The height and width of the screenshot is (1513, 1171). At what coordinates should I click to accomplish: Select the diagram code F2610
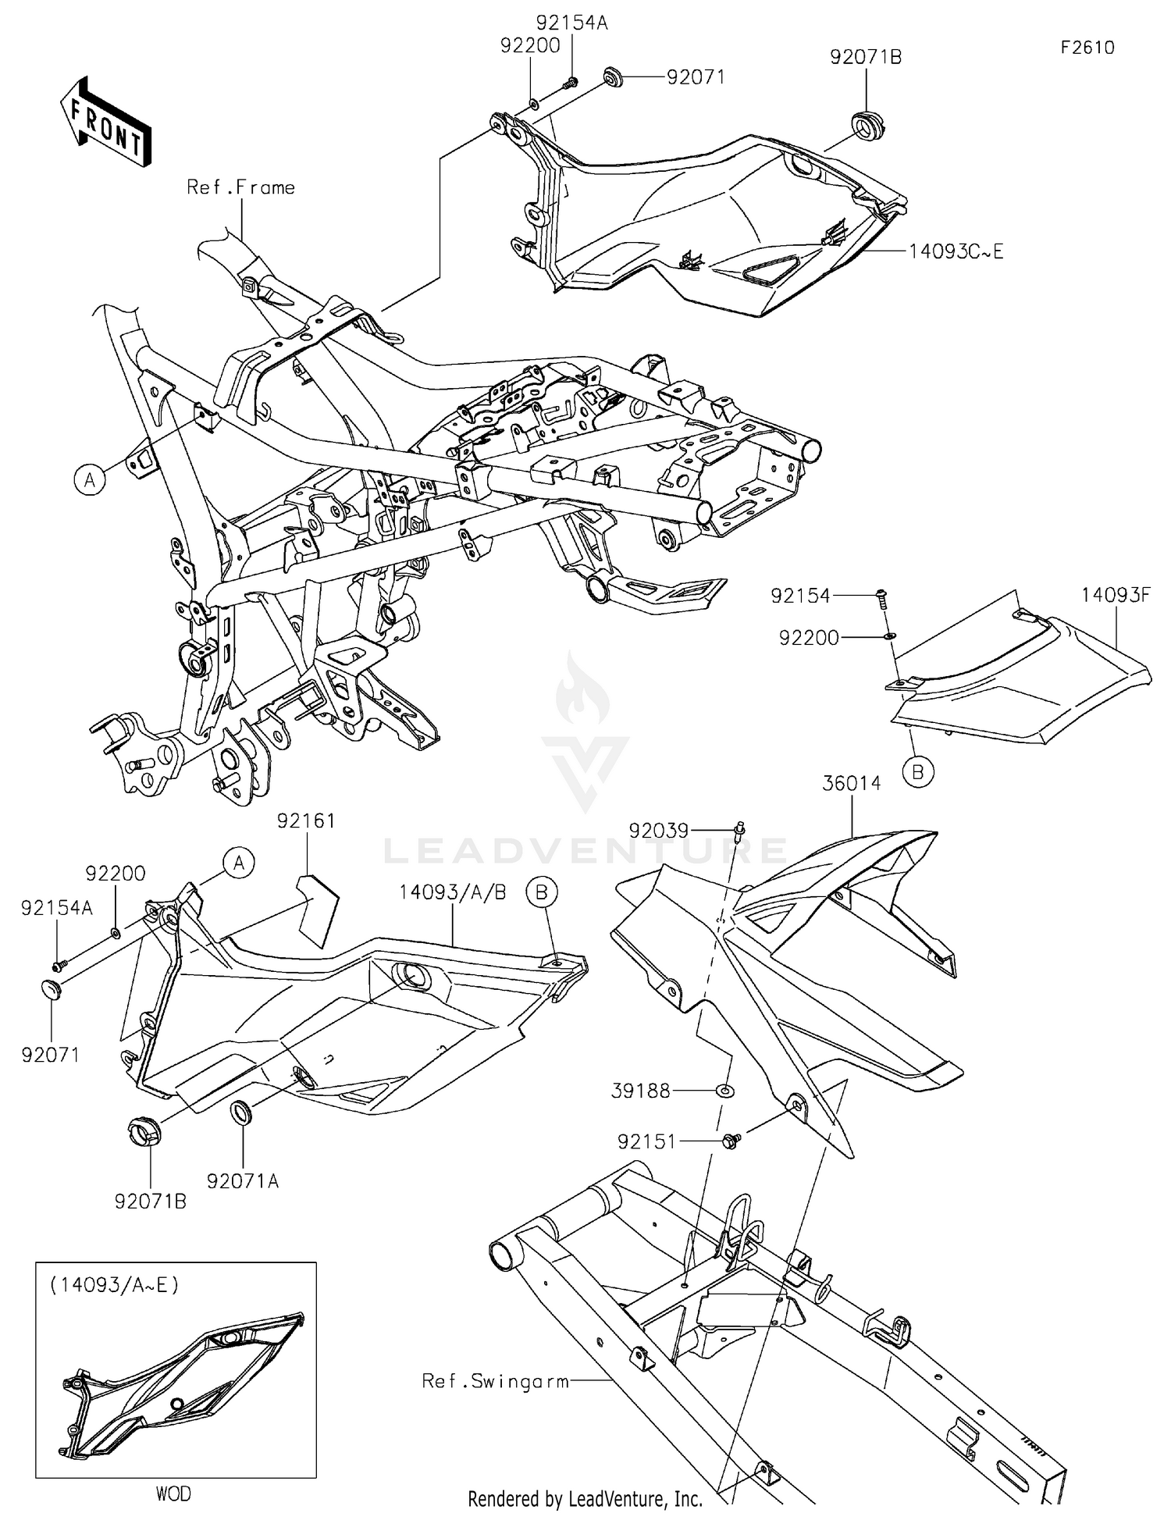point(1087,48)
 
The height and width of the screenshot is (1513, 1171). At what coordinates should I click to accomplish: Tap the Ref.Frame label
point(240,187)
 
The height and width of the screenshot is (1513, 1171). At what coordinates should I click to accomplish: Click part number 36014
point(851,783)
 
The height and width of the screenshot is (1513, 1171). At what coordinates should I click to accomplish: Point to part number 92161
point(306,821)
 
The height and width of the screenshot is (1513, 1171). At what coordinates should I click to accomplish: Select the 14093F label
point(1116,595)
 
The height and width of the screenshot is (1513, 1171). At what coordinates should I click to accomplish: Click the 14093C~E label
point(956,251)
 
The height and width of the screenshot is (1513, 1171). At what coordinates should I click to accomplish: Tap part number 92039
point(658,831)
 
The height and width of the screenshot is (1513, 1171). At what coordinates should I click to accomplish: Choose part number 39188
point(640,1091)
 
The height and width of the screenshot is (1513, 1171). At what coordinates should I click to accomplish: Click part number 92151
point(646,1141)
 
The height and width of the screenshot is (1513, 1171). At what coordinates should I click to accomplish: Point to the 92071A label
point(243,1181)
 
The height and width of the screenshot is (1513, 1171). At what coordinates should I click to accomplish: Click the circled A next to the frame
point(91,479)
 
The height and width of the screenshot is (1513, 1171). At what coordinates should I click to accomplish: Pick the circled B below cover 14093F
point(918,771)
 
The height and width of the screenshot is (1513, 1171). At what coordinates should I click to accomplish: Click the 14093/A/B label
point(453,892)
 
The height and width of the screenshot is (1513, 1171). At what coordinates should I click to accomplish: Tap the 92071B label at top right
point(866,57)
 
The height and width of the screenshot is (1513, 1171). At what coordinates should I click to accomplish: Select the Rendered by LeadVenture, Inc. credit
point(585,1498)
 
